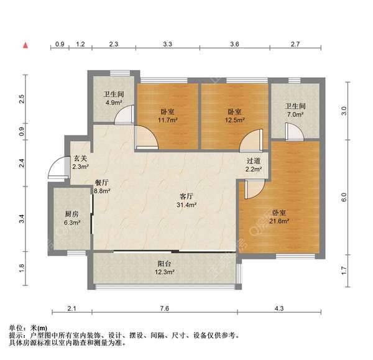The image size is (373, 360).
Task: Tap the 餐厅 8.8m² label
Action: (x=101, y=187)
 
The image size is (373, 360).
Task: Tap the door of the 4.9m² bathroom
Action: (x=127, y=114)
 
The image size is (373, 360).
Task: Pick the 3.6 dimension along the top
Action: (x=234, y=45)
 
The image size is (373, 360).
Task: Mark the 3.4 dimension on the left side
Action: (x=22, y=219)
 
